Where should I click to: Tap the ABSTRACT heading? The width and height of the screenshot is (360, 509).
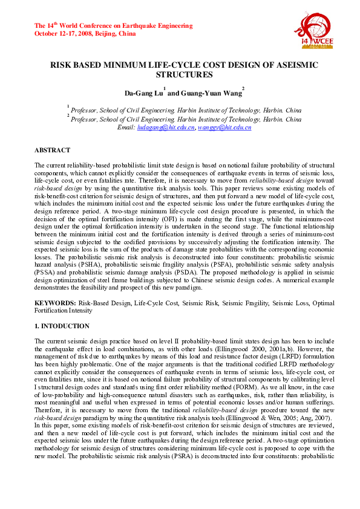[52, 150]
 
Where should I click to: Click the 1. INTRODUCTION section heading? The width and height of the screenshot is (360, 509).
[62, 326]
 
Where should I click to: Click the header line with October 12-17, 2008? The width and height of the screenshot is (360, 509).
[85, 34]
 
